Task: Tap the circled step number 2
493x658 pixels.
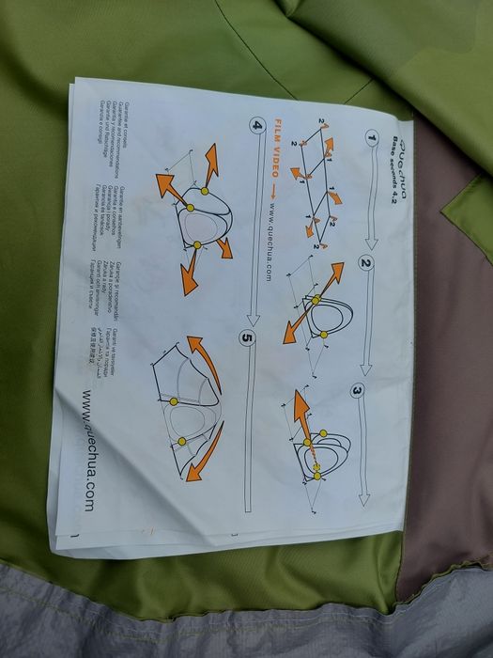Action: [366, 264]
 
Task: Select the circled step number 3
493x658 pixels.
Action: [359, 389]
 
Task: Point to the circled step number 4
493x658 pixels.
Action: [255, 124]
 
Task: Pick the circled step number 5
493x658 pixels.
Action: [248, 338]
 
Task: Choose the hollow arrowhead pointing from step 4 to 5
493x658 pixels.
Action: [248, 321]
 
